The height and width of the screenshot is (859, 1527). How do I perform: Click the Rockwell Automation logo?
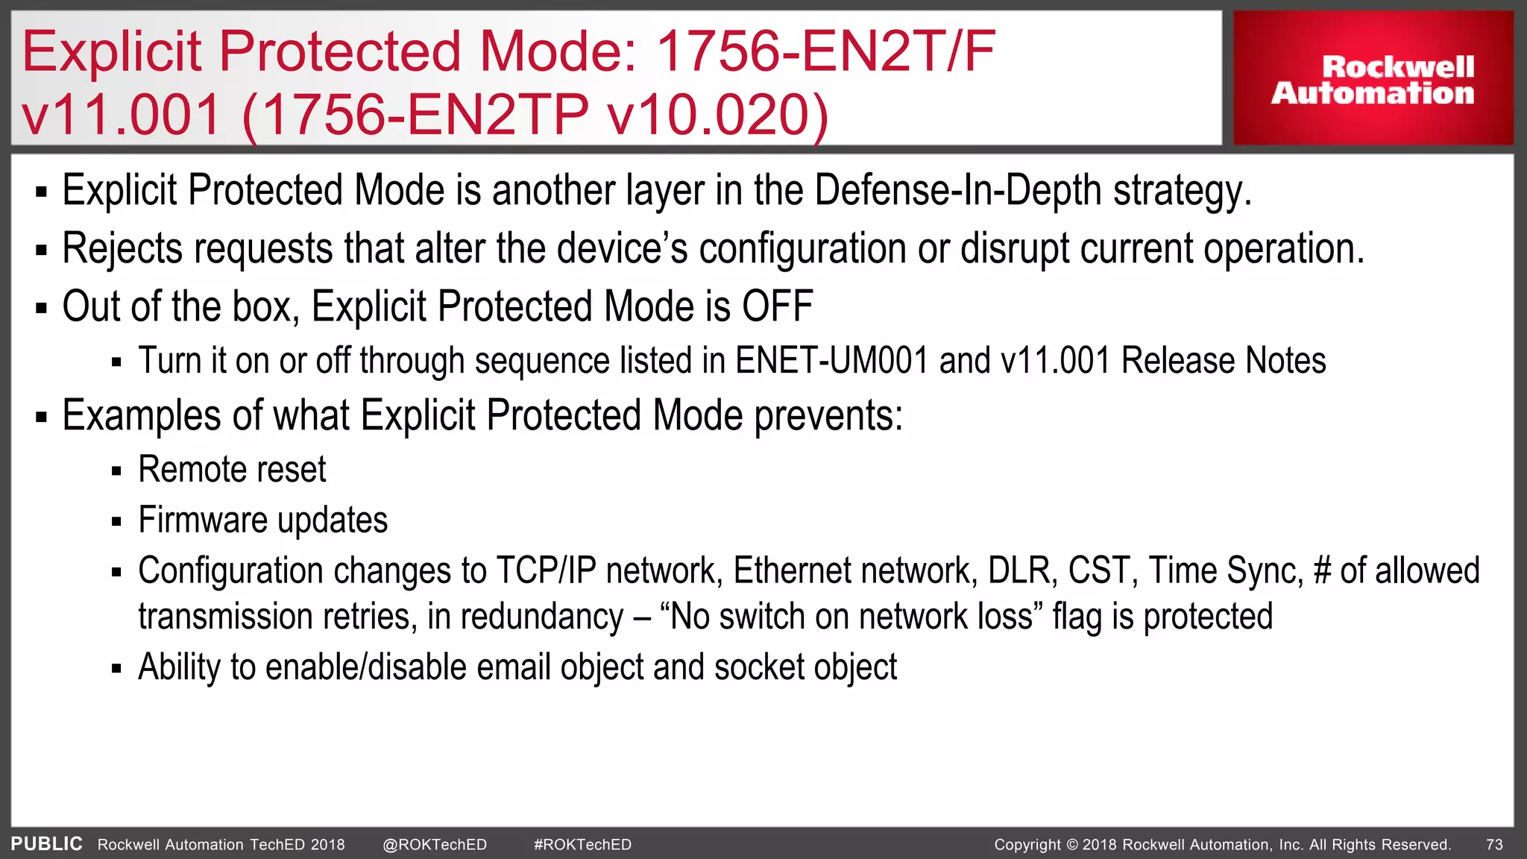[1373, 79]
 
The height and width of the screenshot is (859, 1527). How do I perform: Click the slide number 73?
[1494, 845]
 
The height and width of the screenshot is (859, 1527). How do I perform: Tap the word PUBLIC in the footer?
[46, 844]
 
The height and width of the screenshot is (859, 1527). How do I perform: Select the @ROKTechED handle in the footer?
[435, 845]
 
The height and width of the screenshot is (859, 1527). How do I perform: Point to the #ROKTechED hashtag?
[582, 845]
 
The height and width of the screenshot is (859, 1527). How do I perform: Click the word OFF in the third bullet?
[777, 306]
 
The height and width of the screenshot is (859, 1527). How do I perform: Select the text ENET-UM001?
[831, 361]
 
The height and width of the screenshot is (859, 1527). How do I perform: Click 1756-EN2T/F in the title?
[825, 52]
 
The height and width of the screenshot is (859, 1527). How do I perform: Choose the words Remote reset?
[232, 470]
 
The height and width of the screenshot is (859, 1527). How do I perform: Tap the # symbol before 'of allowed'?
[1322, 571]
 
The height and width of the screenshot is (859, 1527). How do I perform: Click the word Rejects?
[122, 248]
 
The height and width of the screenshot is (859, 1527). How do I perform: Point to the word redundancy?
[541, 617]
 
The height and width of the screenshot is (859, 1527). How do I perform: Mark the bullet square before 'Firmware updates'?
[116, 522]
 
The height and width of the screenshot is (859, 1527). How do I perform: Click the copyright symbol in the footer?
[1071, 845]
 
